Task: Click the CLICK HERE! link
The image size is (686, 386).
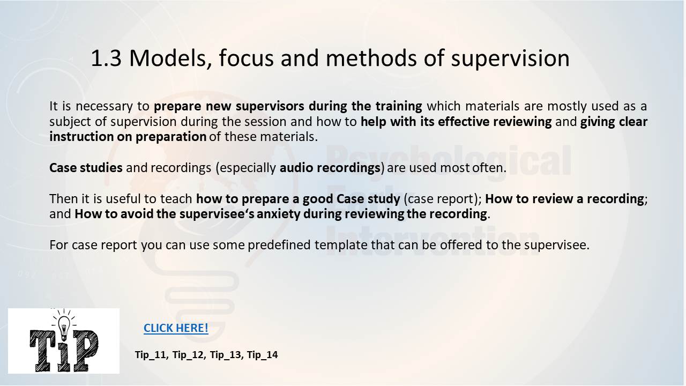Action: pos(176,328)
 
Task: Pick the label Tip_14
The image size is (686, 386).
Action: pos(262,355)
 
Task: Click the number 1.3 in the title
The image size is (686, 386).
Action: pos(106,58)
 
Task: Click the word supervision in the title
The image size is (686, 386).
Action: pos(510,59)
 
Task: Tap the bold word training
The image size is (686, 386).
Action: pos(399,106)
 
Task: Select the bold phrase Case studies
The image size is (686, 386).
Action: pos(86,168)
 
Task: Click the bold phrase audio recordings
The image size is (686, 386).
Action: pos(330,168)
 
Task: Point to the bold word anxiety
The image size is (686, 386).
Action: pos(278,214)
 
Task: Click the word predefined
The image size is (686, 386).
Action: pos(279,245)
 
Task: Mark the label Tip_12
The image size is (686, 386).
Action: pos(188,355)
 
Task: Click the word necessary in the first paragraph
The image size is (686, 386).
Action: pos(104,107)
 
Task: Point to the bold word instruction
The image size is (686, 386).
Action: pos(81,137)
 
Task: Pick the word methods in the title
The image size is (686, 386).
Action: pos(371,58)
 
